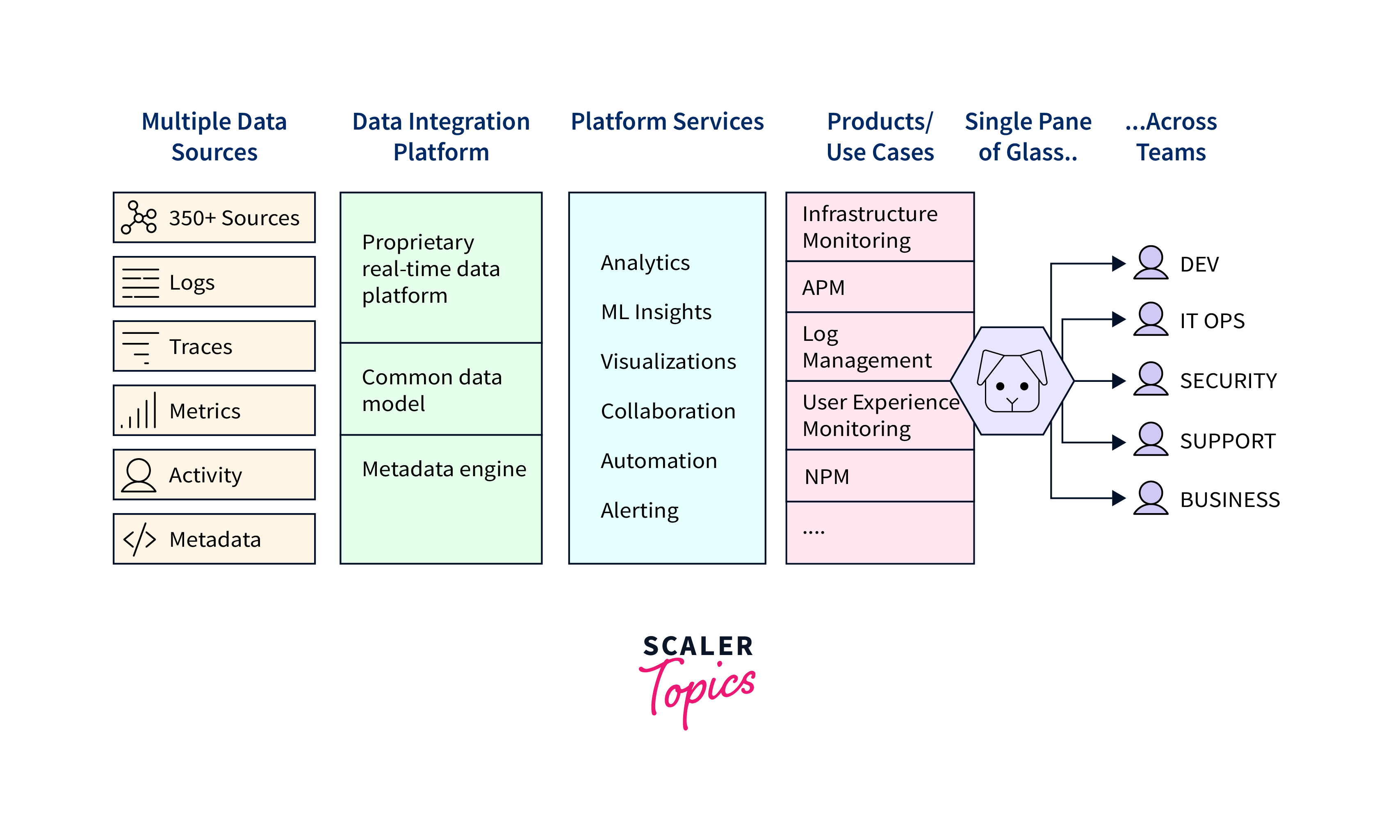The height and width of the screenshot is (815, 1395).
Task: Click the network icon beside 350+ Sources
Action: (139, 217)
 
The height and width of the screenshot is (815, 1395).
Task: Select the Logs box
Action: (214, 282)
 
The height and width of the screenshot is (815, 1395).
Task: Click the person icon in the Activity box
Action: (139, 475)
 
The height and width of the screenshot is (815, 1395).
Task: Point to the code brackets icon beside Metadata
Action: (139, 539)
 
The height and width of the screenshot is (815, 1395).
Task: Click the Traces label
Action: (201, 347)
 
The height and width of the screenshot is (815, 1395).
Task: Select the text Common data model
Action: (432, 390)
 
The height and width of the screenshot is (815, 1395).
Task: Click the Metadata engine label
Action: (444, 469)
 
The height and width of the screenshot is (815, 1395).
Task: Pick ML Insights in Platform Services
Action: (656, 312)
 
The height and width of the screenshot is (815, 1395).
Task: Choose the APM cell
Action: (880, 288)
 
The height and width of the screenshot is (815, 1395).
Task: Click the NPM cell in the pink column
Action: (880, 477)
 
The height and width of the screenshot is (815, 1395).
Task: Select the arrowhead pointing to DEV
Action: (1119, 264)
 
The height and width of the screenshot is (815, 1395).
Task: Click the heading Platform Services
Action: (667, 122)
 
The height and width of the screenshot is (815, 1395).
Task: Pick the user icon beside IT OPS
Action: (1151, 319)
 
